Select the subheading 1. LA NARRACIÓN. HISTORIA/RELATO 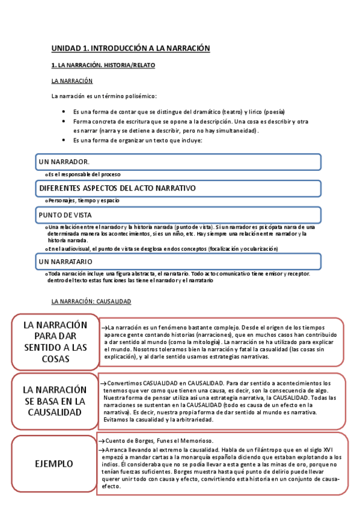point(103,64)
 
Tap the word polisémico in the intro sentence point(139,96)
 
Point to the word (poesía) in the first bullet point(272,112)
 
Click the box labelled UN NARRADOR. point(178,162)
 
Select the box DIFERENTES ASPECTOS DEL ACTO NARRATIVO point(178,188)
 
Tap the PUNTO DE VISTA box point(178,215)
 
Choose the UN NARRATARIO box point(178,262)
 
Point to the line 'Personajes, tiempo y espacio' point(84,200)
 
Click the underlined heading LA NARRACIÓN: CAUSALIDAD point(91,301)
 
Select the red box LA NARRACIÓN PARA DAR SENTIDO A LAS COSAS point(55,342)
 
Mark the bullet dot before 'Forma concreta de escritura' point(64,121)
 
